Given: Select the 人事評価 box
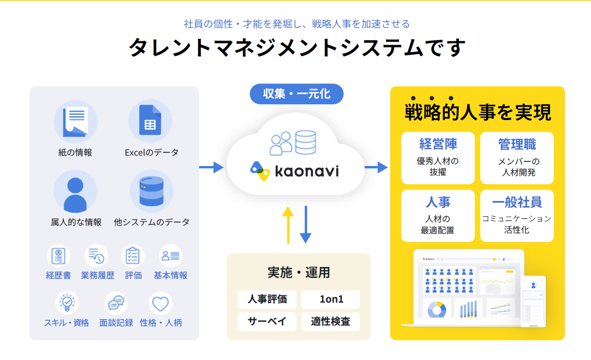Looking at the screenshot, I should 267,299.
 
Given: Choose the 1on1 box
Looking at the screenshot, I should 331,299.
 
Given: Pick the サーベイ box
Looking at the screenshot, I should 267,321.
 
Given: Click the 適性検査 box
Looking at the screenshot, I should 331,321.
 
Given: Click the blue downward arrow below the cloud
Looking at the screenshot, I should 306,225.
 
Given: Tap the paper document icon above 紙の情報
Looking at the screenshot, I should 75,121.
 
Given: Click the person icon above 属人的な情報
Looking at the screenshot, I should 75,192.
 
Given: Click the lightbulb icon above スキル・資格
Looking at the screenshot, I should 66,303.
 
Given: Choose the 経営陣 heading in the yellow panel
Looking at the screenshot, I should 438,144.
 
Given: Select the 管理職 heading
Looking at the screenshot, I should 517,144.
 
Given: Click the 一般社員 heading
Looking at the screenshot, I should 517,202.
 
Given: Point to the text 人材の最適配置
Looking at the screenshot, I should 438,224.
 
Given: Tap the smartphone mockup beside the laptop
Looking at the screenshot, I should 533,301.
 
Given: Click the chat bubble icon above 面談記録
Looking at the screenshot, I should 116,303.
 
